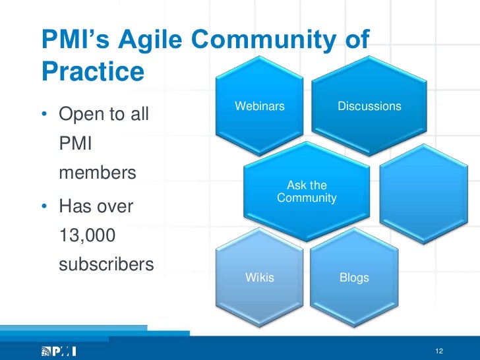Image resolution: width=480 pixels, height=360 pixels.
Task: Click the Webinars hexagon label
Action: coord(260,106)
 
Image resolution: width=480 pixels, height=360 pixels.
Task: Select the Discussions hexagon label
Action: coord(369,106)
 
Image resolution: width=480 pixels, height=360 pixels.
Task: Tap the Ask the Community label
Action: coord(307,192)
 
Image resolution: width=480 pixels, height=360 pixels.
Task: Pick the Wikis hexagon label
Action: coord(260,278)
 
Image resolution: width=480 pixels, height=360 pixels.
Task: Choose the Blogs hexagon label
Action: coord(354,278)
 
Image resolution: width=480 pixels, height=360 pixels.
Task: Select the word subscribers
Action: coord(106,265)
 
